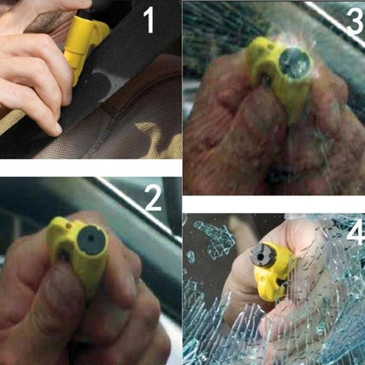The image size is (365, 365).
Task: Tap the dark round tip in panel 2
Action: coord(91,240)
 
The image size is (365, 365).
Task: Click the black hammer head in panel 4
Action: coord(263,255)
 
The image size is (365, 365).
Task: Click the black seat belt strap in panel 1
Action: coord(122,83)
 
